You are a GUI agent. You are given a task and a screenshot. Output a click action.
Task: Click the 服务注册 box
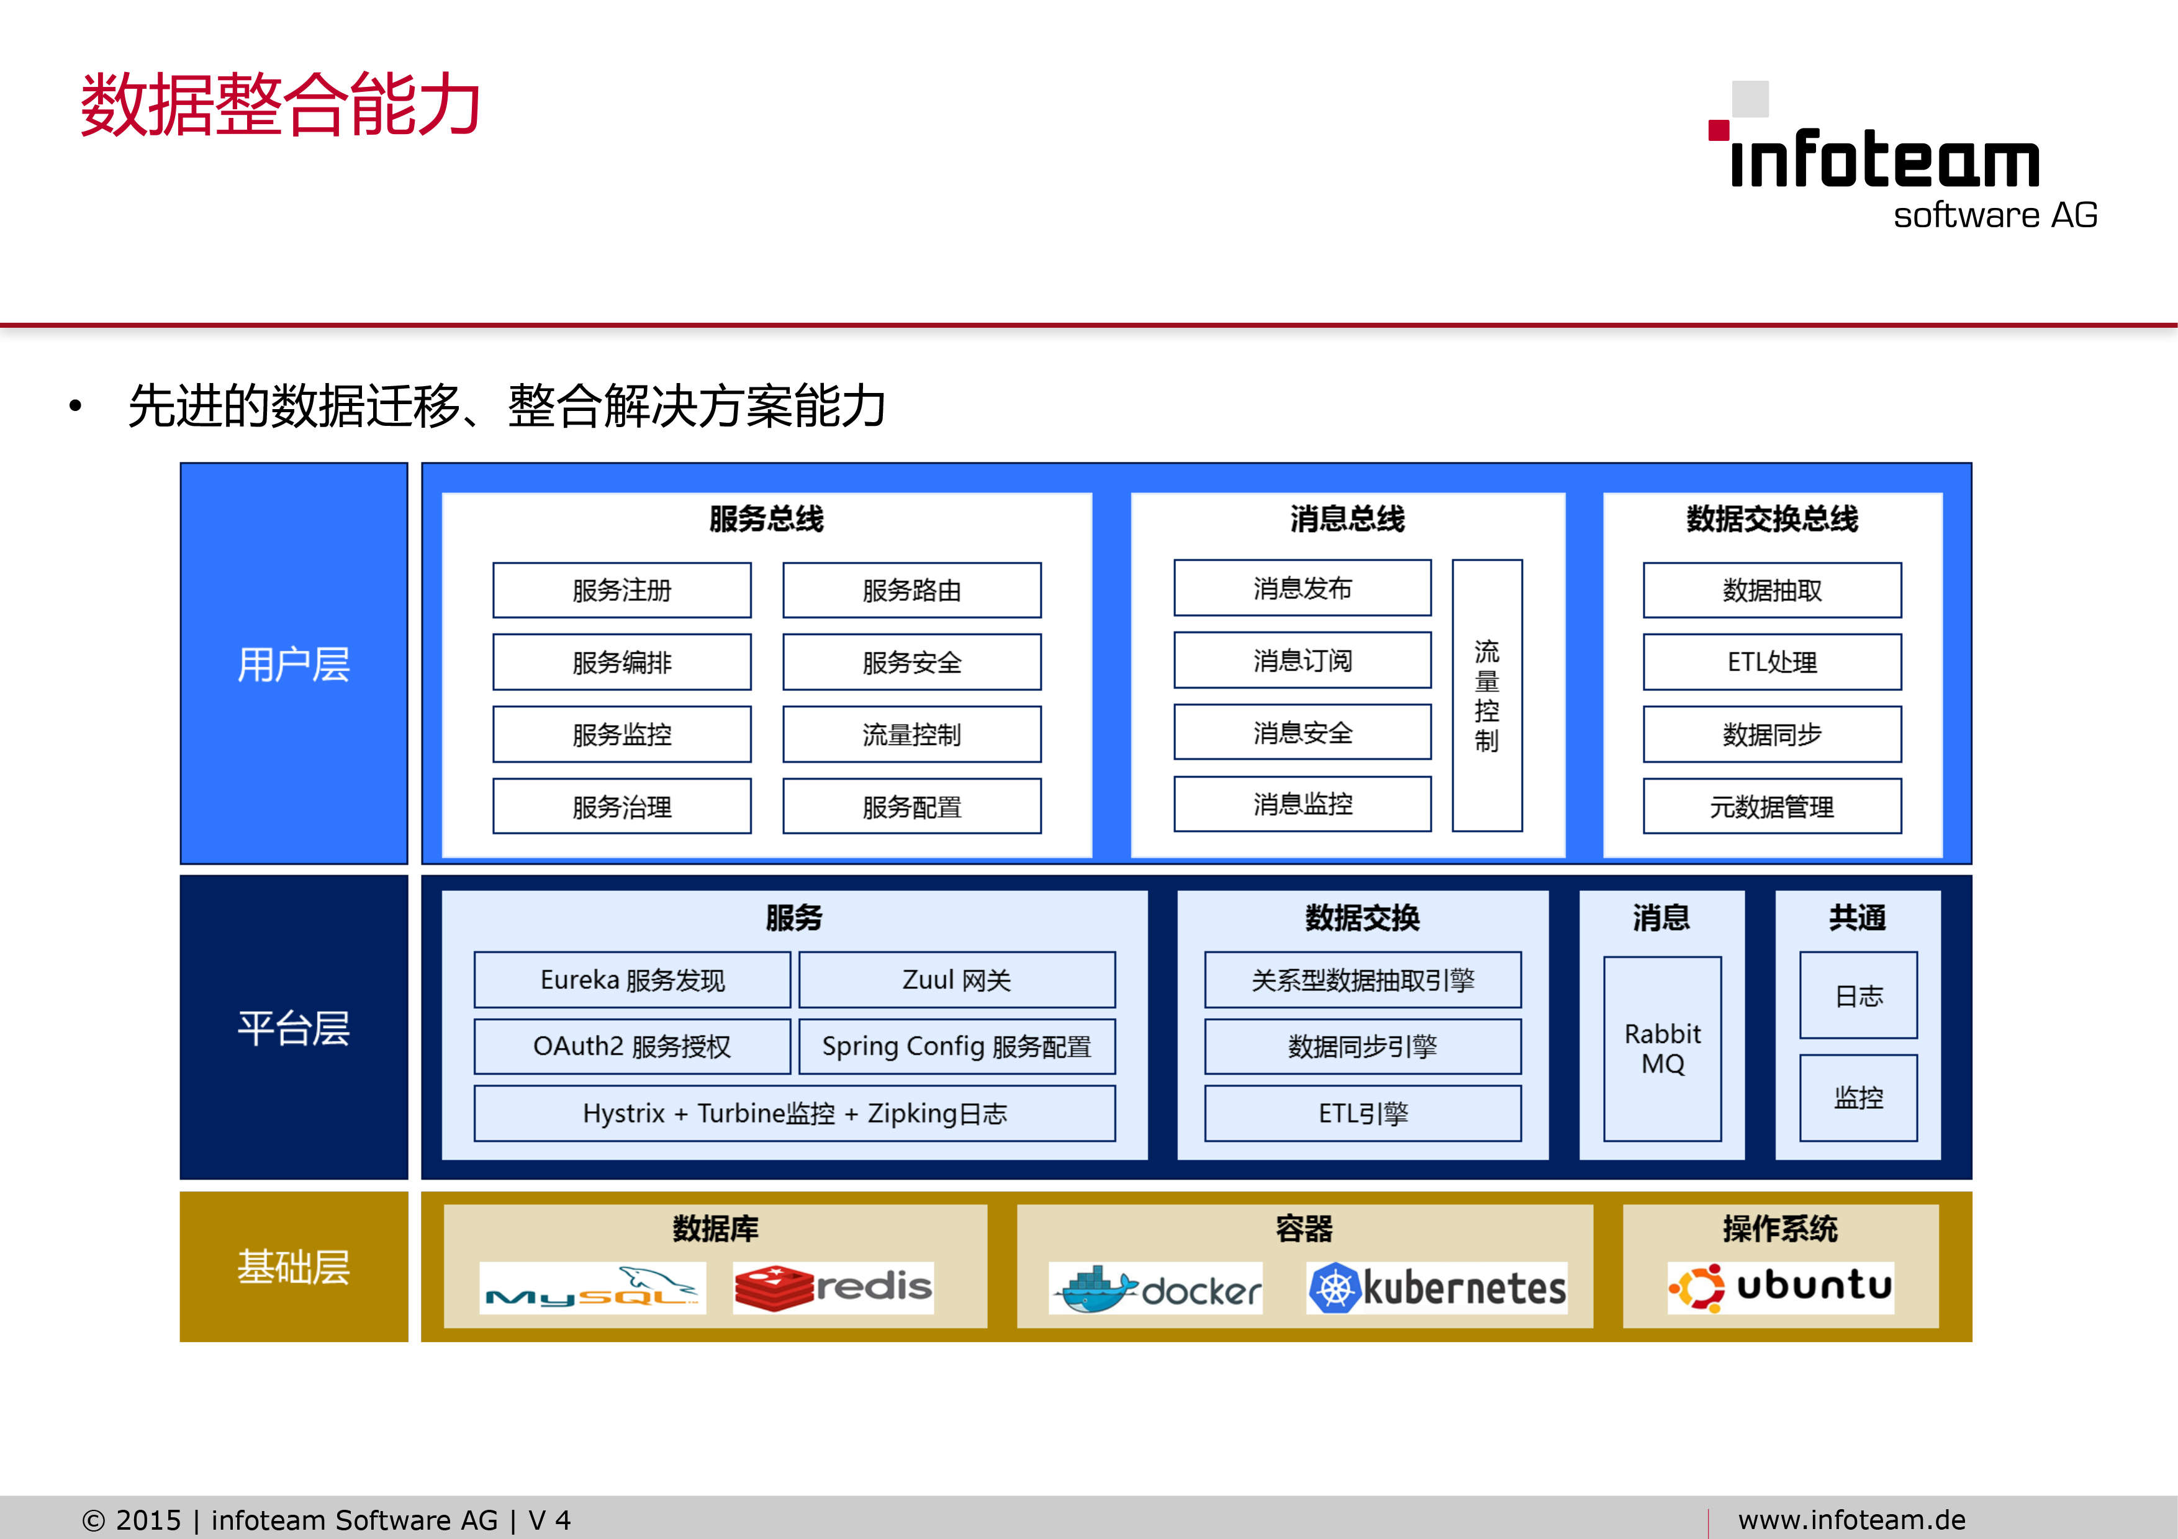coord(621,590)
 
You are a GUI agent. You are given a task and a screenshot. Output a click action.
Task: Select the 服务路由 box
coord(911,590)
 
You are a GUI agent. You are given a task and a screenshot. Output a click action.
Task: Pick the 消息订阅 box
coord(1303,660)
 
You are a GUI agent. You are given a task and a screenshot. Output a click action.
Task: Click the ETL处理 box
coord(1772,662)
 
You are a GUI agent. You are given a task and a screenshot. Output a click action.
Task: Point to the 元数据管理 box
coord(1772,806)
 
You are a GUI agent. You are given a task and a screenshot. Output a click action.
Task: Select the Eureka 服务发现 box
coord(632,980)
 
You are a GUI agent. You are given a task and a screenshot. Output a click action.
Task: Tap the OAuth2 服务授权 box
coord(632,1046)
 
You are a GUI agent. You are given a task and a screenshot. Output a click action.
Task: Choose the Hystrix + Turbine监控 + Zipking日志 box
coord(795,1113)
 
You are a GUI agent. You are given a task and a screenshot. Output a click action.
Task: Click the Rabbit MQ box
coord(1662,1049)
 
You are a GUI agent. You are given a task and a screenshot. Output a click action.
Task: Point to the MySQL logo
coord(593,1288)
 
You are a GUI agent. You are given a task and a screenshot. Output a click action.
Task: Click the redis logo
coord(833,1288)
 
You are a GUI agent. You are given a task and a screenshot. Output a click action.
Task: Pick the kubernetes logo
coord(1437,1288)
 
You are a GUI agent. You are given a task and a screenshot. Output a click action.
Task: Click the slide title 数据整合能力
coord(281,104)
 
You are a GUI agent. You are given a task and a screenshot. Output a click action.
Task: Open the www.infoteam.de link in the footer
coord(1851,1519)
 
